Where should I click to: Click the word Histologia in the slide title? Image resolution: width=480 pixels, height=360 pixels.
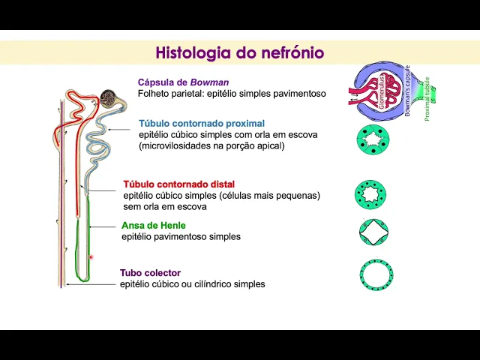click(188, 53)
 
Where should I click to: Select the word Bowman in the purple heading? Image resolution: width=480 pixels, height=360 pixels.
click(209, 82)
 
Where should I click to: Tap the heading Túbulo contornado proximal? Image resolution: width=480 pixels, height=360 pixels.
click(201, 123)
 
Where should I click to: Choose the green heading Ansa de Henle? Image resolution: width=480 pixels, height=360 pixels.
click(153, 225)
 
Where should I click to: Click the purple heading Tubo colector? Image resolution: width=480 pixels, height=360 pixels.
click(150, 273)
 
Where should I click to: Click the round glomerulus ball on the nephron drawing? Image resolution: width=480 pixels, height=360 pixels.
click(109, 97)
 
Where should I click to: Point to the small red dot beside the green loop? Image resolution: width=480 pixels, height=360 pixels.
click(91, 257)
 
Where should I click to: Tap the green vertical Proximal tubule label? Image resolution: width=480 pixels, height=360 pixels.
click(427, 99)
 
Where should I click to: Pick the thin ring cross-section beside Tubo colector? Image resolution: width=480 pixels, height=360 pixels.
click(373, 274)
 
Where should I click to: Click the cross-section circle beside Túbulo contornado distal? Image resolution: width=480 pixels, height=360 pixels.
click(370, 193)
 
